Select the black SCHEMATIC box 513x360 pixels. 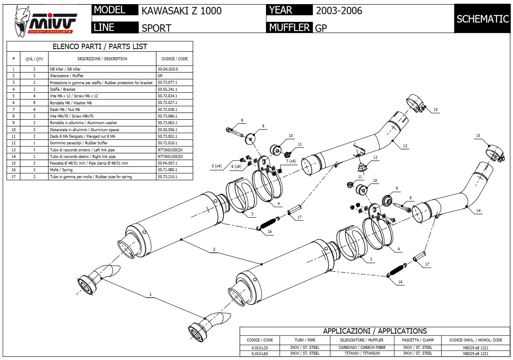[x=482, y=19]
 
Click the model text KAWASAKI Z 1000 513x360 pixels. [x=181, y=11]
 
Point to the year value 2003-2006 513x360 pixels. [x=339, y=11]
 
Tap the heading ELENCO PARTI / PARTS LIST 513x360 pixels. [x=100, y=47]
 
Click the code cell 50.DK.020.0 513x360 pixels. [x=168, y=69]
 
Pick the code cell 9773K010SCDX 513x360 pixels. [x=170, y=157]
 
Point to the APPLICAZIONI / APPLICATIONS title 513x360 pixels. [x=375, y=331]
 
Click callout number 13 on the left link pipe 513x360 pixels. [x=405, y=146]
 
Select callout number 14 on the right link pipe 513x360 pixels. [x=478, y=211]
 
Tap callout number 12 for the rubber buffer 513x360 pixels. [x=375, y=158]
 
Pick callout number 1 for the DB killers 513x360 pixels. [x=151, y=294]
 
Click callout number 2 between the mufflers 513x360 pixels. [x=214, y=249]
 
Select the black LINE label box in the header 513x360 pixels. [x=115, y=28]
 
